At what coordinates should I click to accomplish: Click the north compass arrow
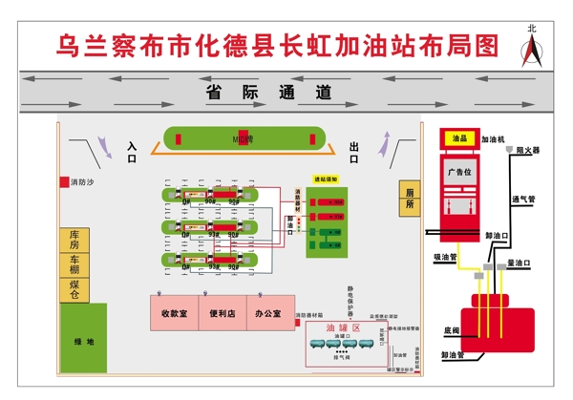532,51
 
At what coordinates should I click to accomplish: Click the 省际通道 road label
268,93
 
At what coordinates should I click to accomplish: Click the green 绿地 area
84,341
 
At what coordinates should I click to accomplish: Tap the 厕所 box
408,198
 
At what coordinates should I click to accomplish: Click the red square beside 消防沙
65,181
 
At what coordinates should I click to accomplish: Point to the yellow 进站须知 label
325,179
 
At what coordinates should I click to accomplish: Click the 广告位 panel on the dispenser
460,173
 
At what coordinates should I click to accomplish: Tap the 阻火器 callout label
528,150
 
